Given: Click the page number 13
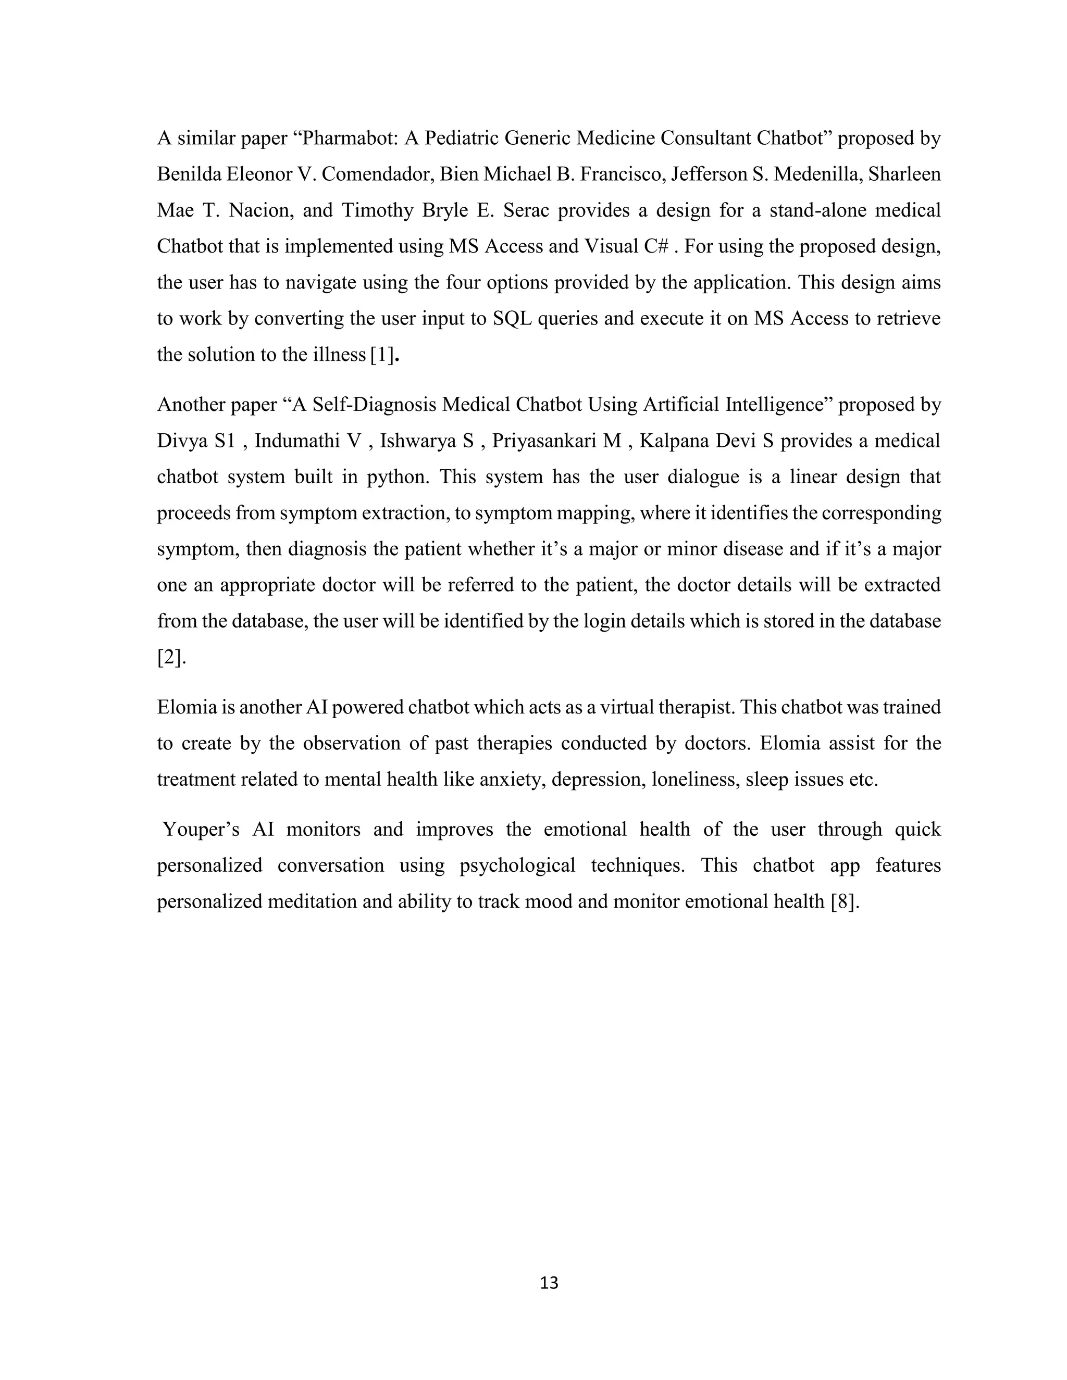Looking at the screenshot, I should coord(549,1283).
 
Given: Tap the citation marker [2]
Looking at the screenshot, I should coord(171,657).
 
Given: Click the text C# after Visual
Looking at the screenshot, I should coord(656,246).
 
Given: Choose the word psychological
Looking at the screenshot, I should coord(517,865).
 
